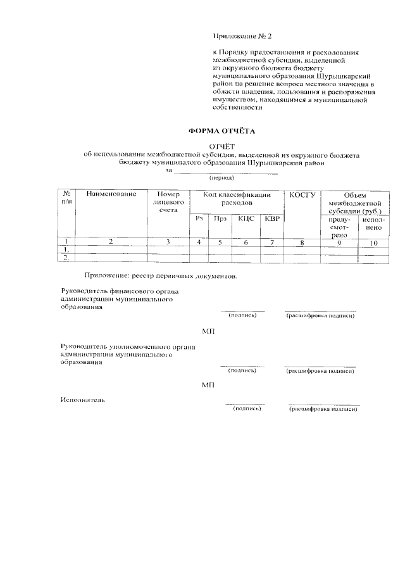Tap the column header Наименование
tap(112, 194)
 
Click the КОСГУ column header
tap(302, 194)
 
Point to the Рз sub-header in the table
tap(199, 218)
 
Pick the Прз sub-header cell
tap(220, 218)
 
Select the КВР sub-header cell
tap(271, 218)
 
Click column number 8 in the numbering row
tap(302, 242)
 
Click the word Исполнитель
tap(83, 400)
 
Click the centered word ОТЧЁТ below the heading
tap(221, 147)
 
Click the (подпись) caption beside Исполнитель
tap(247, 410)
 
